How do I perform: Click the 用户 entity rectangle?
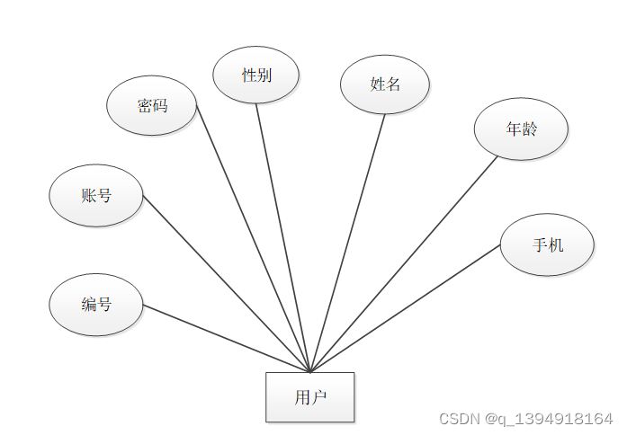[309, 397]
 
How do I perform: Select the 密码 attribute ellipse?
[152, 106]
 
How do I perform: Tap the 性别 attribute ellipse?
[256, 75]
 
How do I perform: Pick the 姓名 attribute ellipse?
[385, 84]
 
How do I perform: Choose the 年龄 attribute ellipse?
[521, 129]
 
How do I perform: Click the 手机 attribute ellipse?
[547, 244]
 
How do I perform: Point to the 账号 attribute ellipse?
[96, 195]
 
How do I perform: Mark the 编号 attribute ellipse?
[96, 305]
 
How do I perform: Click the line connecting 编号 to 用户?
[225, 338]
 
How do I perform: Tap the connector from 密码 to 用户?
[253, 238]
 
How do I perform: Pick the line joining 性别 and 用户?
[282, 237]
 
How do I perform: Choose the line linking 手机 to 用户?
[405, 307]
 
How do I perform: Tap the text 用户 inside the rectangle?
[309, 397]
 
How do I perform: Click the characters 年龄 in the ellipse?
[521, 129]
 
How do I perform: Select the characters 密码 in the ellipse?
[152, 106]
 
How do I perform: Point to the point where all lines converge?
[309, 371]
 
